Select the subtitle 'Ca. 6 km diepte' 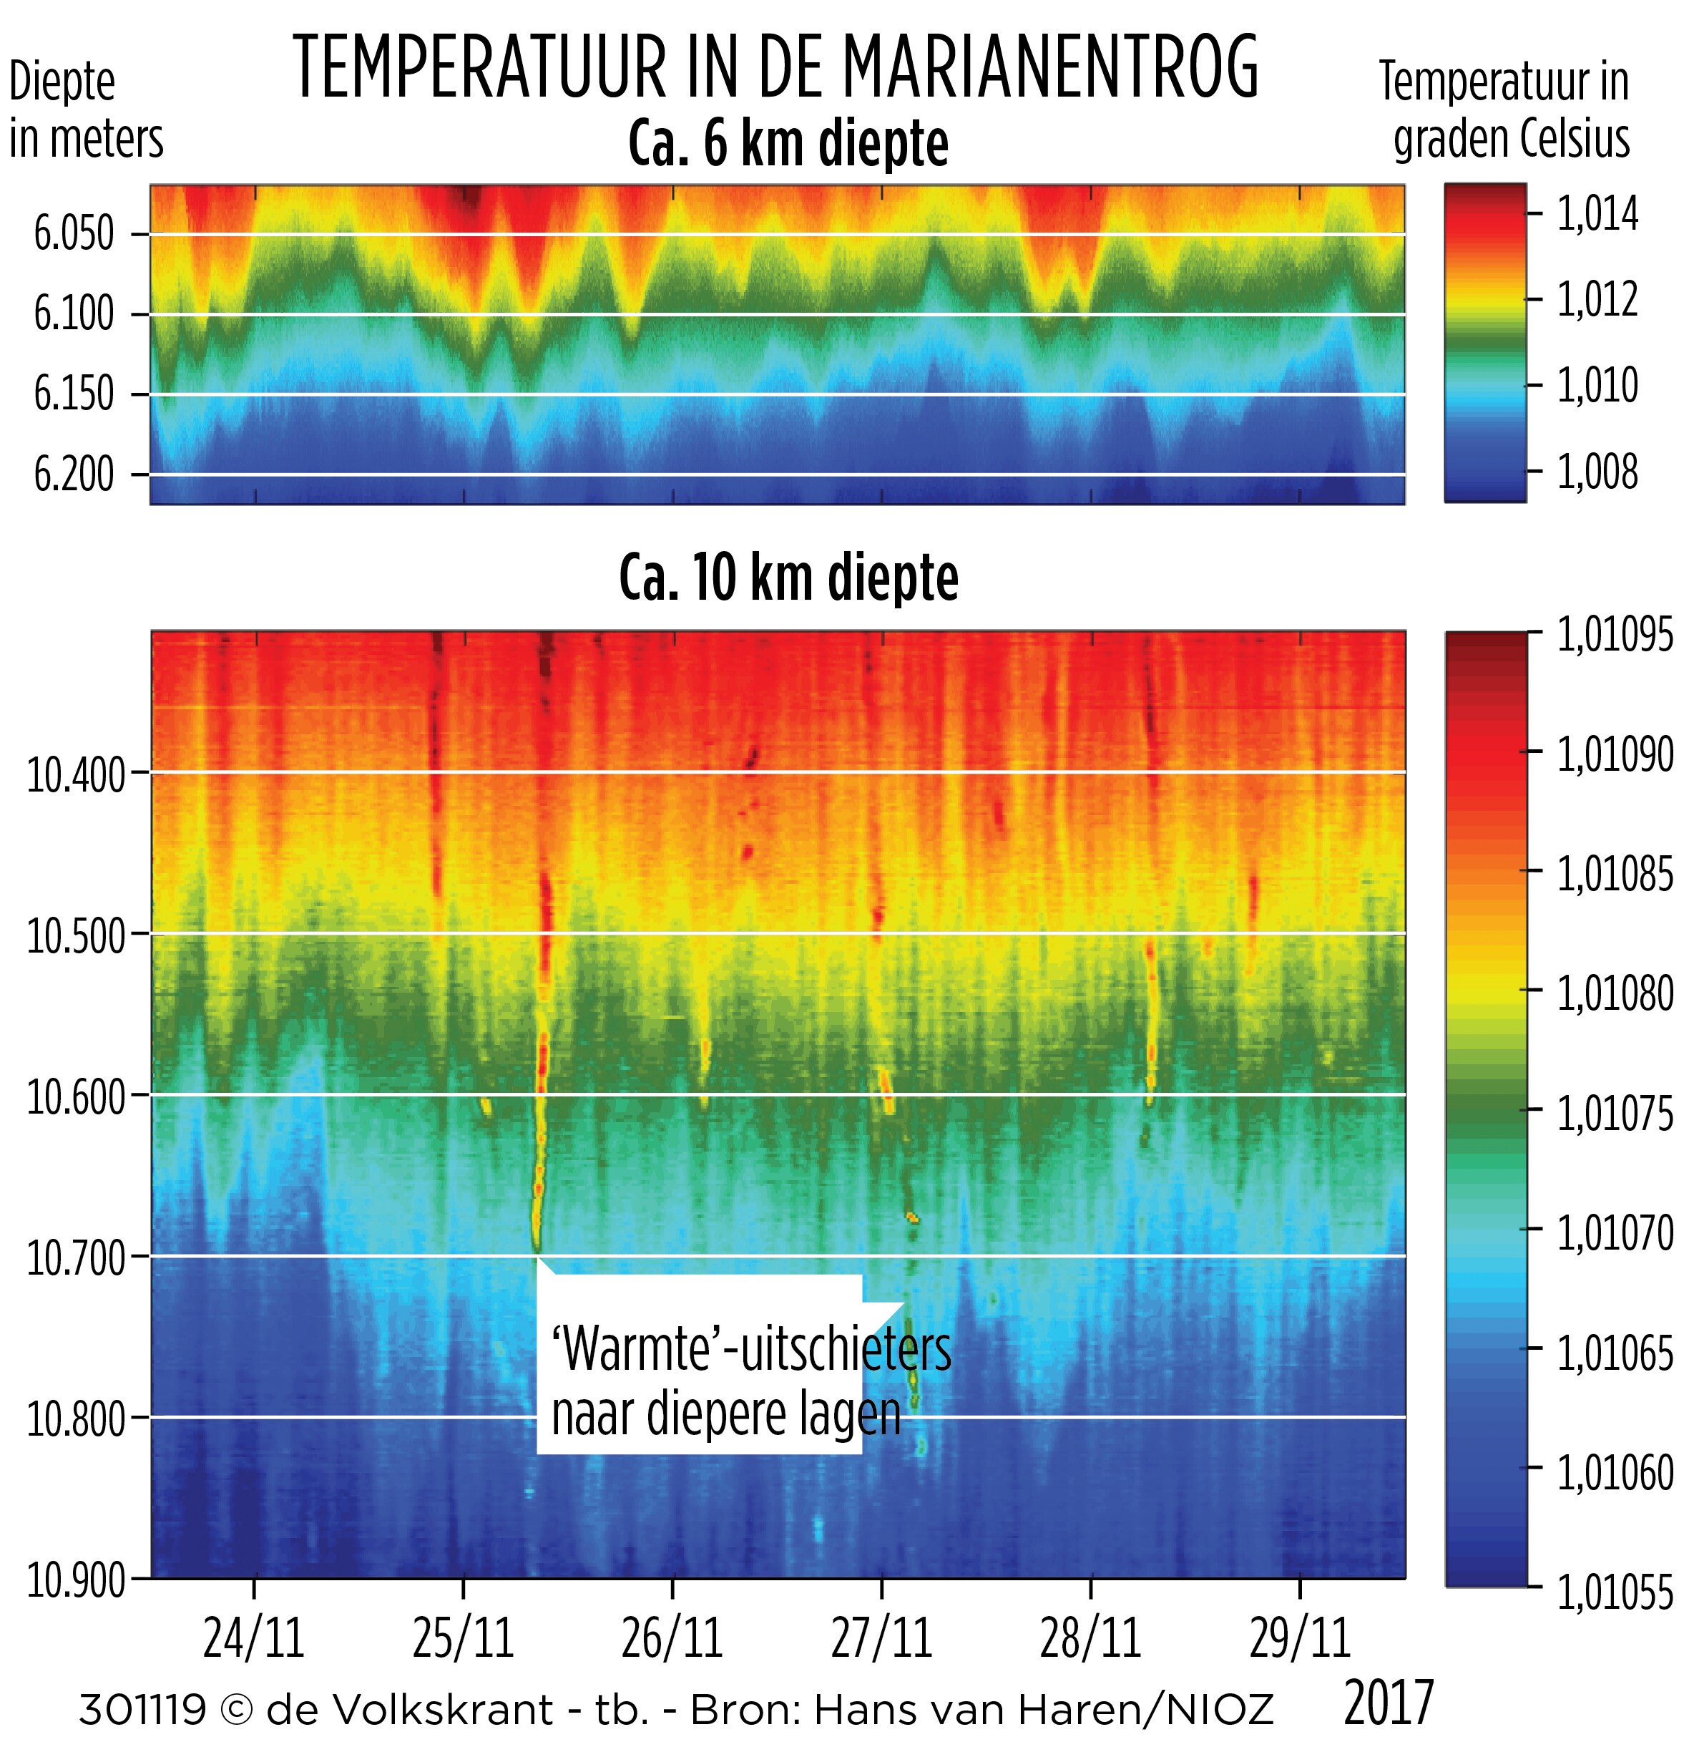click(788, 143)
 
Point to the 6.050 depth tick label click(74, 234)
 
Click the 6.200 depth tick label click(74, 474)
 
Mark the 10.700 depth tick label click(77, 1257)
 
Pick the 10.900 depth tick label click(77, 1580)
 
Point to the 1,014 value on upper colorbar click(1597, 214)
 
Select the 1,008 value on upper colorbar click(1597, 472)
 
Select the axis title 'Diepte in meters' click(85, 110)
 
